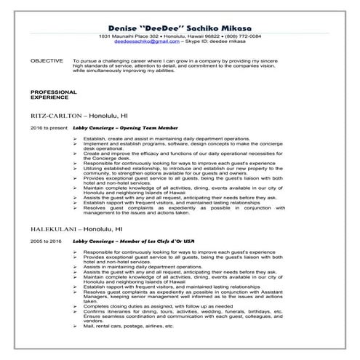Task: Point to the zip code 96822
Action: (x=204, y=36)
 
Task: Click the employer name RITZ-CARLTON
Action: (x=59, y=116)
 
